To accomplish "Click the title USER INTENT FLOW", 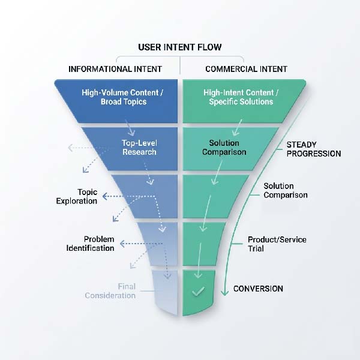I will click(179, 47).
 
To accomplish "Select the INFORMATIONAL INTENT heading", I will click(115, 69).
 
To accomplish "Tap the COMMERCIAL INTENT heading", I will click(246, 69).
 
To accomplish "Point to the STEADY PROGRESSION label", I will click(313, 149).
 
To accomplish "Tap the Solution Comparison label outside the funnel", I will click(286, 190).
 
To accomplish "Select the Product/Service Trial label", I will click(277, 244).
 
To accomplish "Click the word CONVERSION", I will click(258, 289).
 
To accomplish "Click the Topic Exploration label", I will click(77, 196).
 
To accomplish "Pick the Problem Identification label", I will click(90, 244).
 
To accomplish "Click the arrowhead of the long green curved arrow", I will click(224, 292).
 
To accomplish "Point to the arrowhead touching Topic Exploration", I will click(104, 196).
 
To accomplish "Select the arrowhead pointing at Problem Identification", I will click(122, 244).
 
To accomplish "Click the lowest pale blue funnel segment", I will click(164, 292).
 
